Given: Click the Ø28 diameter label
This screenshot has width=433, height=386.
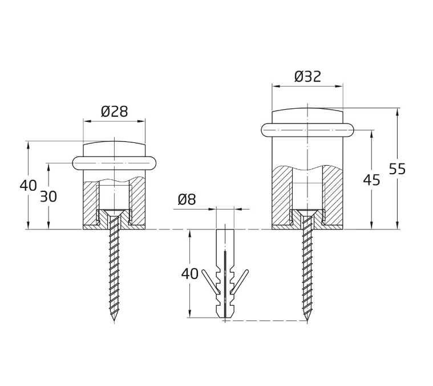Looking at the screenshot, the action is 114,112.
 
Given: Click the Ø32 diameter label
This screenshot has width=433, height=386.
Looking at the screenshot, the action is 307,77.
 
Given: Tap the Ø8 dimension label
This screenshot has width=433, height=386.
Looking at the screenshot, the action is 187,199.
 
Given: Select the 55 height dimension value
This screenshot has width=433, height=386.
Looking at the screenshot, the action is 397,169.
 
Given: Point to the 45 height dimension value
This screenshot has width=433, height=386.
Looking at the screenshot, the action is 371,180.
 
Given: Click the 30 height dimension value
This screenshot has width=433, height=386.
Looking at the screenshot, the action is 48,197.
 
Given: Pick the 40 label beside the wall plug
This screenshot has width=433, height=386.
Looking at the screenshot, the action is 190,274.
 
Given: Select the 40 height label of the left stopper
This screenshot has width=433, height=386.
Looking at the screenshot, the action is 28,186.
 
